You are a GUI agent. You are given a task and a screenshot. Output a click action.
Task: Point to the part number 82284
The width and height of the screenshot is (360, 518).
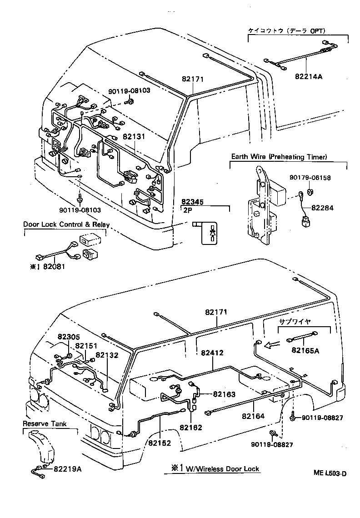[x=322, y=208]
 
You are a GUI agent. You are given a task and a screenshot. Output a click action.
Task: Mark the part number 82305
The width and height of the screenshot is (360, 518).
[x=68, y=337]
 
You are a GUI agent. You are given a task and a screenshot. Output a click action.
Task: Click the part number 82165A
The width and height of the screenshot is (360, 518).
[x=305, y=350]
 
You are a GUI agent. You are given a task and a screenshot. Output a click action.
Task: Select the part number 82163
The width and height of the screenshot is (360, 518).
[x=223, y=394]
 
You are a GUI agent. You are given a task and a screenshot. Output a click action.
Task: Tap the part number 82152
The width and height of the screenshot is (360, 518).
[x=159, y=443]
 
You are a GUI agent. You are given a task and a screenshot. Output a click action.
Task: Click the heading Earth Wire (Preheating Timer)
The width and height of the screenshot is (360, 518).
[x=279, y=157]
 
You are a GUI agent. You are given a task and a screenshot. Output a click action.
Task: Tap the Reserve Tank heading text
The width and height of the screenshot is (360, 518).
[x=45, y=423]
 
